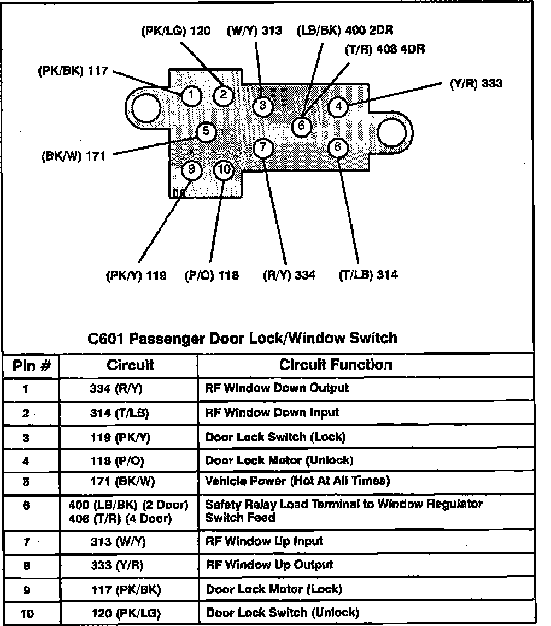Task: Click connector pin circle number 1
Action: (x=191, y=96)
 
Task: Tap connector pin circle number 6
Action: (x=301, y=126)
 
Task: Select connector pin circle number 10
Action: (x=224, y=170)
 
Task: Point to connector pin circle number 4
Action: (x=338, y=106)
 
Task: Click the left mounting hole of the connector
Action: (x=145, y=105)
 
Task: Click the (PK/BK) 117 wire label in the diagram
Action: (x=73, y=71)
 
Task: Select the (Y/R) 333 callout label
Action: (x=476, y=84)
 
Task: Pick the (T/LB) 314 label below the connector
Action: (x=368, y=275)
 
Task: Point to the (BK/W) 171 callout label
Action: (x=73, y=156)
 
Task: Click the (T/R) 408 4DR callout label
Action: (x=385, y=49)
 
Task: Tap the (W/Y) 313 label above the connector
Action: (x=254, y=31)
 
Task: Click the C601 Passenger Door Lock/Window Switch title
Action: (x=243, y=339)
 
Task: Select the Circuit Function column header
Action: (x=336, y=365)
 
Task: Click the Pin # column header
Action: (x=31, y=366)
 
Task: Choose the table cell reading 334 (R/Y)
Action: (x=119, y=389)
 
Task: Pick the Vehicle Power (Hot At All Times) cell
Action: (x=297, y=481)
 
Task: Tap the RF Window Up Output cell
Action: (x=269, y=565)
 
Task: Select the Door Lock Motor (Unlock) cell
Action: (x=279, y=460)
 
